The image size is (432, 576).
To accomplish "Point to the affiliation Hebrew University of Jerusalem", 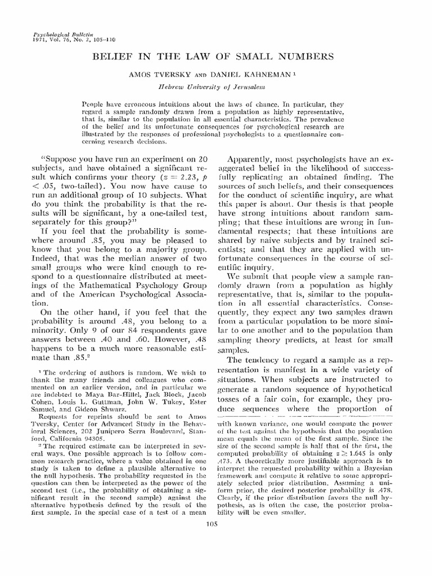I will tap(217, 88).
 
